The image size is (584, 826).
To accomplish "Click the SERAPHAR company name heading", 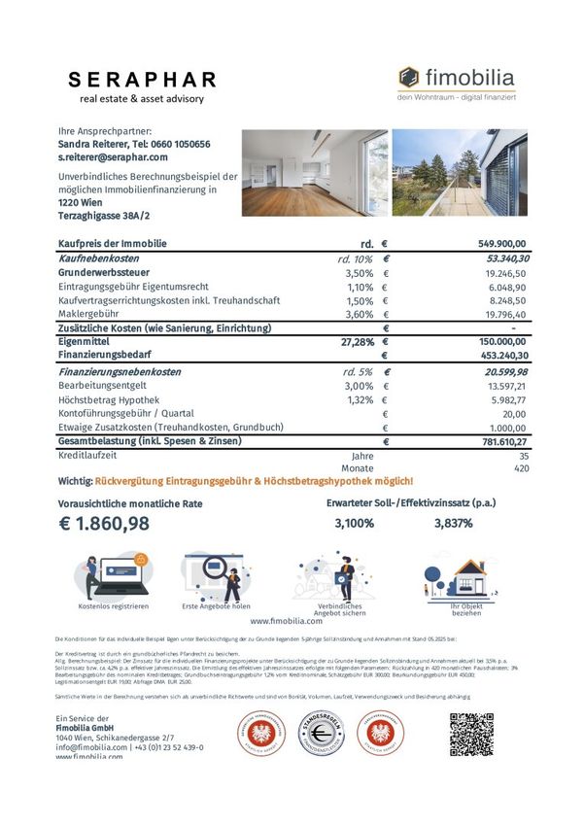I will point(143,80).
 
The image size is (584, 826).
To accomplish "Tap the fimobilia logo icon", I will point(409,78).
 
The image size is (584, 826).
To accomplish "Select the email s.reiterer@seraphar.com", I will point(113,156).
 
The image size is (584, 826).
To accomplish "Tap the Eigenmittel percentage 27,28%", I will point(358,342).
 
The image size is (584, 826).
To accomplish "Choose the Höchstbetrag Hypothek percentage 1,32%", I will point(361,399).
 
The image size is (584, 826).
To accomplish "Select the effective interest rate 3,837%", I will point(453,524).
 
